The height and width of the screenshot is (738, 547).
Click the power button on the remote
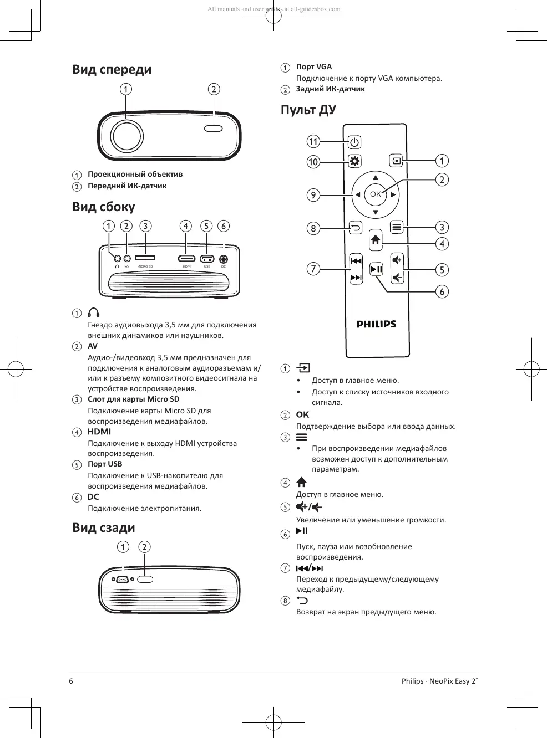[x=354, y=142]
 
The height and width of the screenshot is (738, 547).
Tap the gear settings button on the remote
[x=354, y=161]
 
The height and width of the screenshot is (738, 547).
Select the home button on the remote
[x=376, y=239]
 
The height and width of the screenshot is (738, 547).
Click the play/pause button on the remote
[x=376, y=269]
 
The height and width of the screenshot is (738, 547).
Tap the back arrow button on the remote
[x=355, y=227]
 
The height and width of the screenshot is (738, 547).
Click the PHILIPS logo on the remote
[x=376, y=324]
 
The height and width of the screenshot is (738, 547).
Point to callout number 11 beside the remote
[x=313, y=141]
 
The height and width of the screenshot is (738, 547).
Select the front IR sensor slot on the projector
[x=214, y=129]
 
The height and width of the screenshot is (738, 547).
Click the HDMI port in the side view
[x=186, y=258]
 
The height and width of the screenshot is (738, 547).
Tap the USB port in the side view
[x=207, y=258]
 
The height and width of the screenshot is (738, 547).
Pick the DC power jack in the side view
[x=224, y=259]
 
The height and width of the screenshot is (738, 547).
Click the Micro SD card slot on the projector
[x=145, y=258]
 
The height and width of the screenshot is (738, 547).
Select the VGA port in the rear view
[x=123, y=580]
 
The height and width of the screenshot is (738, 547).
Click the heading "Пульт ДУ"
[x=308, y=110]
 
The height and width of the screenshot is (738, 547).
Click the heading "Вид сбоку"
[x=104, y=207]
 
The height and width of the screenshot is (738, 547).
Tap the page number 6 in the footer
[x=71, y=681]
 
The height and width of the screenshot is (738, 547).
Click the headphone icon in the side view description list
[x=94, y=313]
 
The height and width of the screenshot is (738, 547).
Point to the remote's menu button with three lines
[x=396, y=227]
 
